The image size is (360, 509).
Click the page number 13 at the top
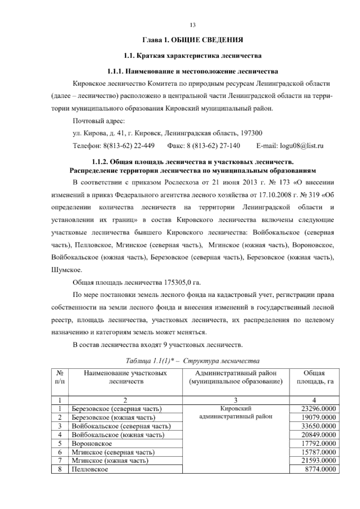pos(193,25)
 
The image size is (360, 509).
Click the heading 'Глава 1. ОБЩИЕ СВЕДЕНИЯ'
pos(192,40)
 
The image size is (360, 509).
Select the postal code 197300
pos(252,133)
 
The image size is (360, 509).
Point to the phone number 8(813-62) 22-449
pos(129,146)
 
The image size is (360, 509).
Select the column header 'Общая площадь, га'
pos(314,378)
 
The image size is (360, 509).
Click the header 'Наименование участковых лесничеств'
pos(125,378)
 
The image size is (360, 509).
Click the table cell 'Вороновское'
pos(92,444)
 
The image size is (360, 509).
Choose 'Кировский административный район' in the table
pos(236,413)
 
